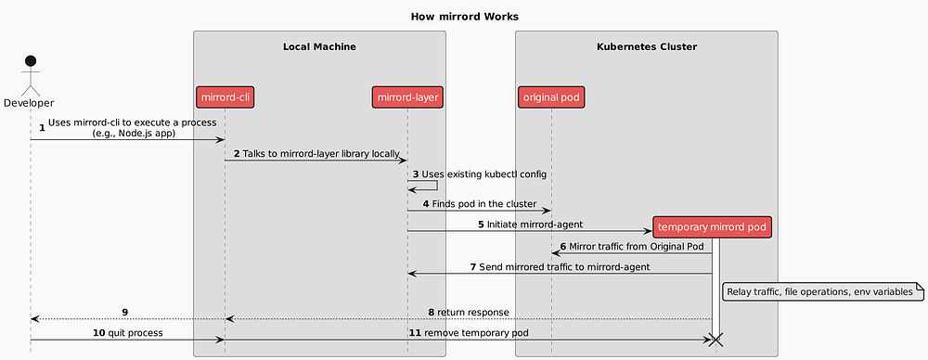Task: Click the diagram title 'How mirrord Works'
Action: pos(464,17)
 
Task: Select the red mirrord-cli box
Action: pos(225,96)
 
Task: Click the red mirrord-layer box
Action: pos(406,96)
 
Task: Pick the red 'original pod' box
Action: pos(552,96)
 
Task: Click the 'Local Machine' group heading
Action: pos(319,46)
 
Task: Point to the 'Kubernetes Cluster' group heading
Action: pos(646,46)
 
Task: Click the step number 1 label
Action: pos(42,126)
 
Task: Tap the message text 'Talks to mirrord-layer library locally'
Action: pos(321,153)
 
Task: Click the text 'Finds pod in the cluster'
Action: pos(483,203)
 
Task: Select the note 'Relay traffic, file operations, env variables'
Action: pos(819,291)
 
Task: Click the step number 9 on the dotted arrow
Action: pos(124,312)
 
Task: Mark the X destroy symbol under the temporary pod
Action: pos(713,341)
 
